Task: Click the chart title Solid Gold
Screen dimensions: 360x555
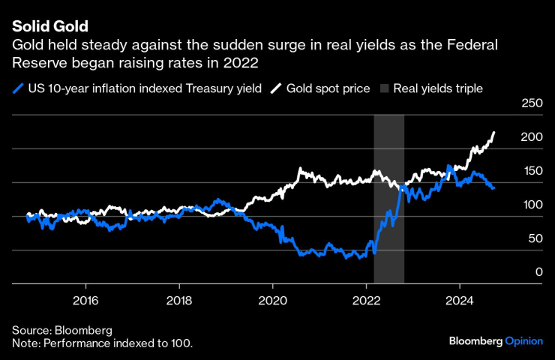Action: (50, 28)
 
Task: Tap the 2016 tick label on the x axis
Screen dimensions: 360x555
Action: (86, 296)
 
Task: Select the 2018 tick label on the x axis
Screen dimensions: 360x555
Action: (179, 296)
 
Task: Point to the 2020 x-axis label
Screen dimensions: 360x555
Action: (273, 296)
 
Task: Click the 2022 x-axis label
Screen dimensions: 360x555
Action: (366, 296)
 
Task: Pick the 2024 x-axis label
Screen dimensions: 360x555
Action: (459, 296)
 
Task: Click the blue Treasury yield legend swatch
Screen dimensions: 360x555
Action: (18, 88)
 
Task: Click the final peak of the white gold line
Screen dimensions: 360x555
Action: (494, 133)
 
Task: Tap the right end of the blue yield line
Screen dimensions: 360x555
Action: (493, 187)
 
